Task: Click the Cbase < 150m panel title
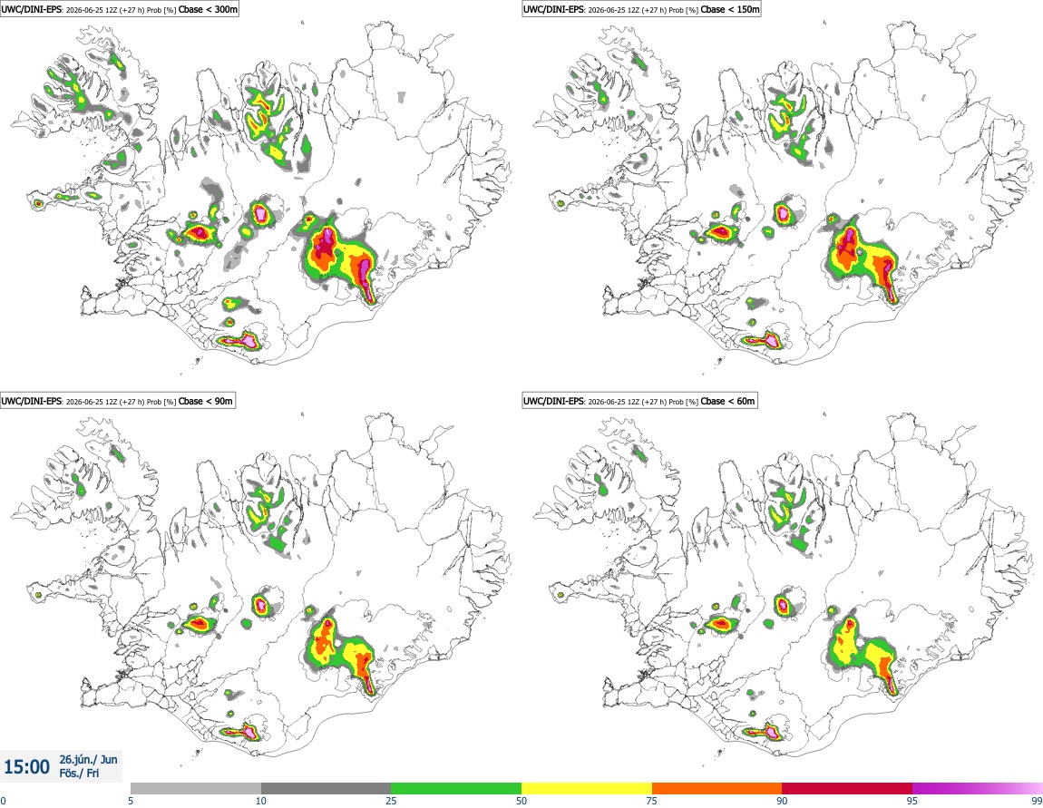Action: coord(641,9)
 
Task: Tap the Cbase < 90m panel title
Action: coord(117,401)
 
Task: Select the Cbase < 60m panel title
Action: coord(639,401)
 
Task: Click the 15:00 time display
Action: coord(26,767)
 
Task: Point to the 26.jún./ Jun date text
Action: coord(89,759)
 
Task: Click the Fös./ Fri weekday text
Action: coord(79,774)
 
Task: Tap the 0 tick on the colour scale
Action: coord(4,801)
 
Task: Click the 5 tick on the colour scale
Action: coord(131,801)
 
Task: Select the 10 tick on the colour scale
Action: coord(261,801)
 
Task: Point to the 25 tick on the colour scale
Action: coord(391,801)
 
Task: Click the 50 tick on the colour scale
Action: coord(521,801)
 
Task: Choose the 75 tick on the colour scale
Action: coord(652,801)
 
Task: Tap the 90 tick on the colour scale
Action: coord(782,801)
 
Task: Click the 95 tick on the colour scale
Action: coord(912,801)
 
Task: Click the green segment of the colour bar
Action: coord(456,788)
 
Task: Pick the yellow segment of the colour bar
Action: coord(587,788)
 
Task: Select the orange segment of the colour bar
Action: coord(717,788)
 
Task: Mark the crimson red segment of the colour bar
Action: coord(847,788)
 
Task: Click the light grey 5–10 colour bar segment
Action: coord(196,788)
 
